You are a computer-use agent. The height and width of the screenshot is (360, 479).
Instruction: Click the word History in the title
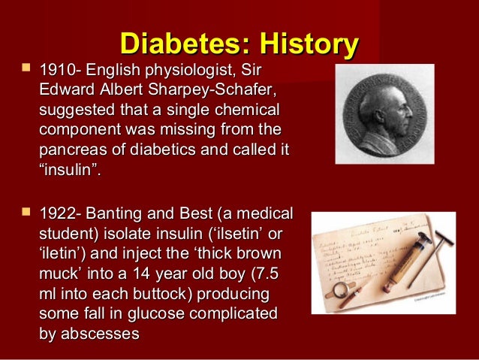pos(300,44)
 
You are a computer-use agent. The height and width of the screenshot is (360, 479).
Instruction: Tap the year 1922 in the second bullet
pos(56,213)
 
